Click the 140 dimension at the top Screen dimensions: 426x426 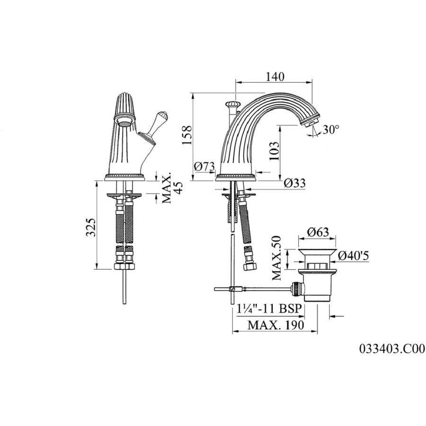275,77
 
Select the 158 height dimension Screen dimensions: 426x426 187,135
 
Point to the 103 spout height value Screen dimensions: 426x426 275,151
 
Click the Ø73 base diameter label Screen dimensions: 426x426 204,166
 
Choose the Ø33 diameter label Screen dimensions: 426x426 295,183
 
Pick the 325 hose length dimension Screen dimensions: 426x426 91,227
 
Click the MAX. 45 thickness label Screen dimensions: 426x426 172,188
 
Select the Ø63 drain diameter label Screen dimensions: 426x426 318,232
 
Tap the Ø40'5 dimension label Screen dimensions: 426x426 354,256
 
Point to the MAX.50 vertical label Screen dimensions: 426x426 277,258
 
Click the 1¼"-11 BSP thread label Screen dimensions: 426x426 268,309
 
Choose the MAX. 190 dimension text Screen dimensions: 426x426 275,325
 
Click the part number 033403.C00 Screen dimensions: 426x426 392,348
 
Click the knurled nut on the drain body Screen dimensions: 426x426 295,289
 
